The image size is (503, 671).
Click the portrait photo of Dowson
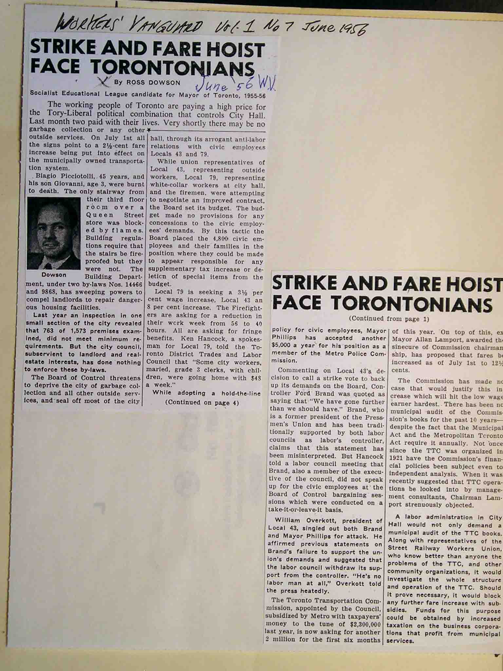54,233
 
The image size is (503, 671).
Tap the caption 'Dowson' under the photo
54,275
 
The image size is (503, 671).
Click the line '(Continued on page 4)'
202,403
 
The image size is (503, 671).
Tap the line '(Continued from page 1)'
389,318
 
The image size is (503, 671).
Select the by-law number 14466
132,284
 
